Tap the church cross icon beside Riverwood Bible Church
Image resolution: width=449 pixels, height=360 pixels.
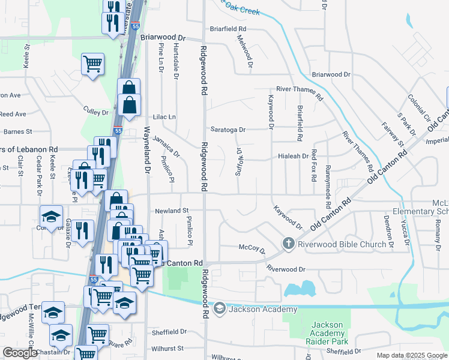(289, 244)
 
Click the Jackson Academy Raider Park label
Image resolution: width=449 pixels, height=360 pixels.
(327, 334)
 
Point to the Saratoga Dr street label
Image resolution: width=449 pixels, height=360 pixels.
(228, 129)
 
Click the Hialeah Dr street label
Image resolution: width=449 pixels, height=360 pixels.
(293, 155)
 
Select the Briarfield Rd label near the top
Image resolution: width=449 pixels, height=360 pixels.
(228, 28)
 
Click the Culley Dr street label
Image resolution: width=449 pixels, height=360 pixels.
(96, 112)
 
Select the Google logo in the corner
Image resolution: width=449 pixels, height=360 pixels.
(20, 352)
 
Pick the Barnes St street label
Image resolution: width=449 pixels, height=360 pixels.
(13, 131)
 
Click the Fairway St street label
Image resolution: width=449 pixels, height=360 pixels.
(393, 134)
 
